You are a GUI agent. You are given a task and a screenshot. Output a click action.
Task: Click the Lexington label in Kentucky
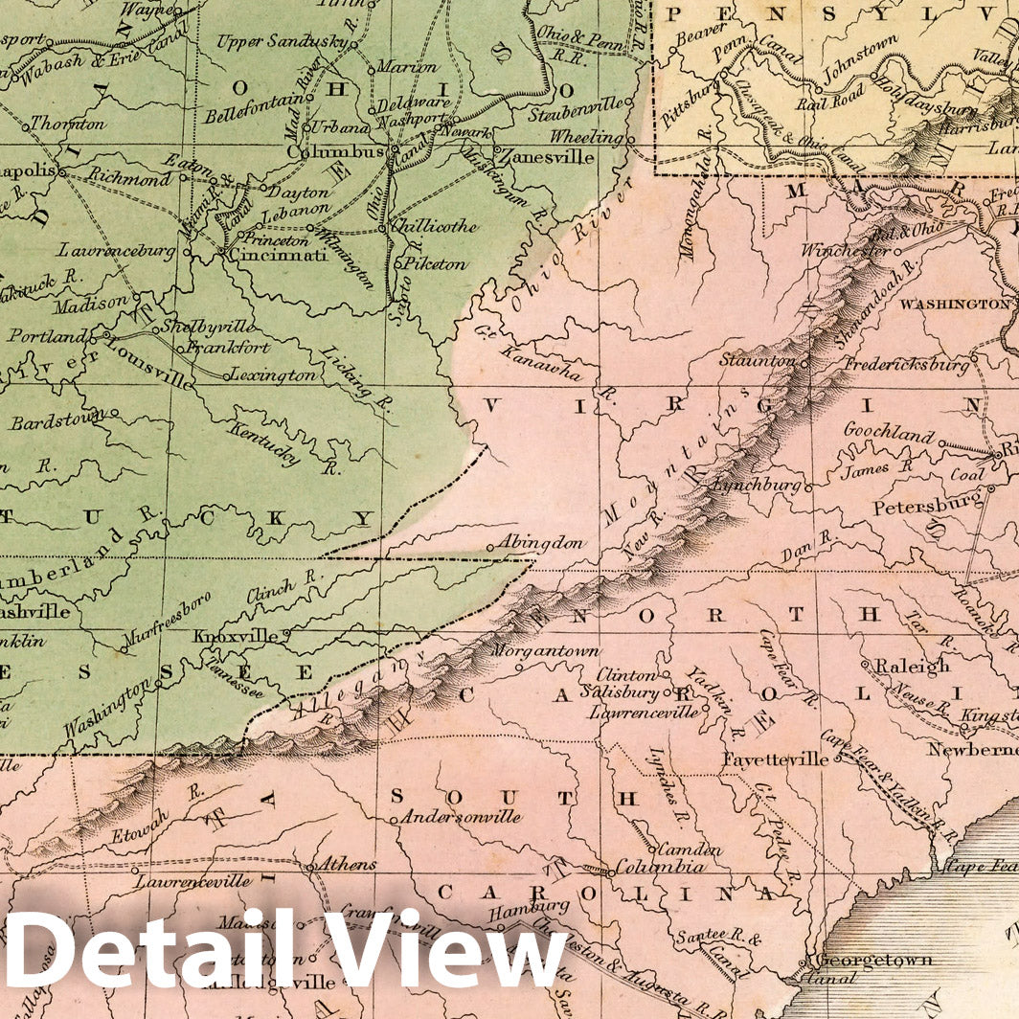pyautogui.click(x=273, y=374)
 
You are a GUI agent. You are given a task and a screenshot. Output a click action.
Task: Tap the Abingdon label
pyautogui.click(x=540, y=542)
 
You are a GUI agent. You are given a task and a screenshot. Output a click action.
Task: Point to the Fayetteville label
pyautogui.click(x=776, y=759)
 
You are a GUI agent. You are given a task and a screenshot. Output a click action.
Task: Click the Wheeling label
pyautogui.click(x=584, y=136)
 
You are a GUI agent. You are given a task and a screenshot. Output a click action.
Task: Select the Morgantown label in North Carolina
pyautogui.click(x=545, y=651)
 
